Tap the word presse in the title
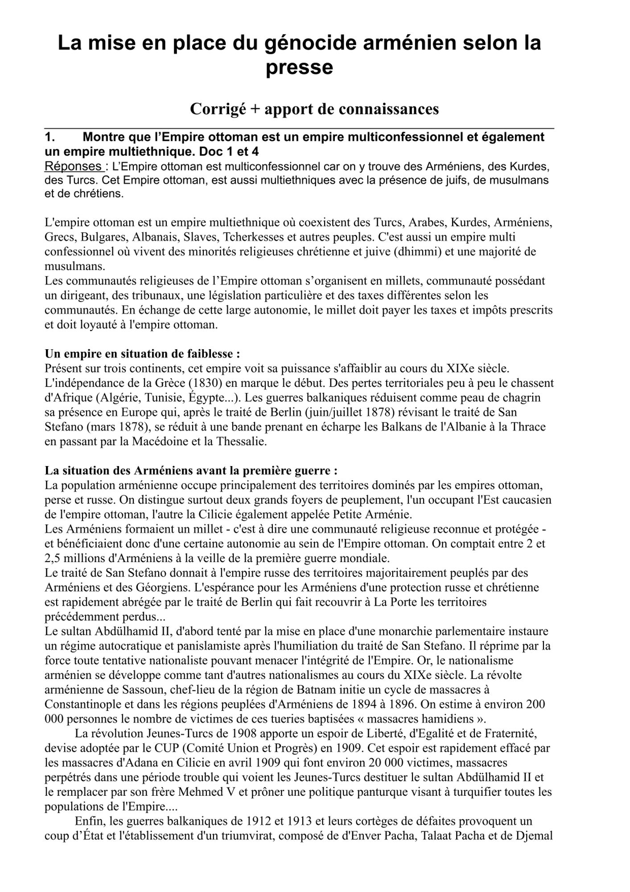pyautogui.click(x=299, y=68)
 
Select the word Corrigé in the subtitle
pyautogui.click(x=218, y=109)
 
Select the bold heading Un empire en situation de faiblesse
pyautogui.click(x=143, y=354)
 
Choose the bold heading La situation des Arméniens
pyautogui.click(x=191, y=471)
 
